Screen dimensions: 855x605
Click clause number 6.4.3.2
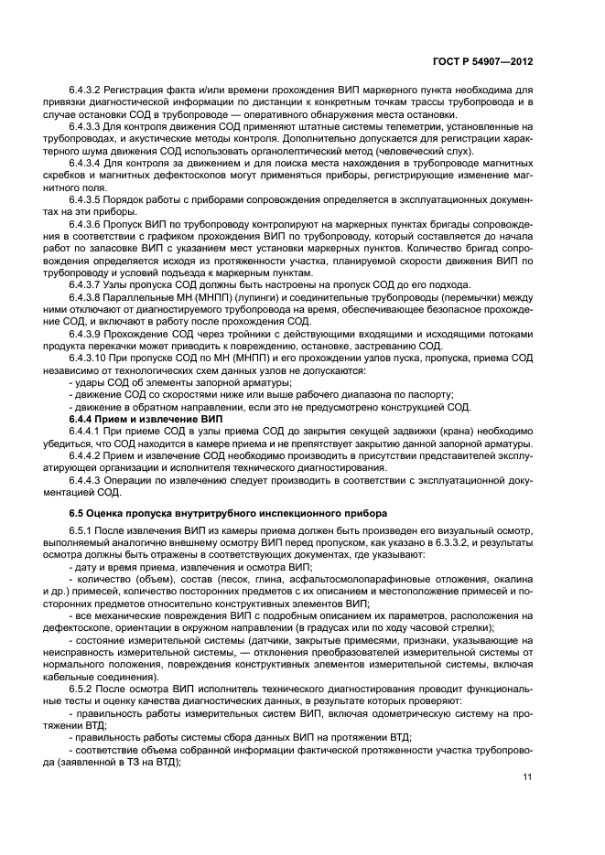click(86, 90)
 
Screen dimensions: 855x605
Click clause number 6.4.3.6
click(86, 226)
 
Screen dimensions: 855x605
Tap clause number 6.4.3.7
click(86, 283)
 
